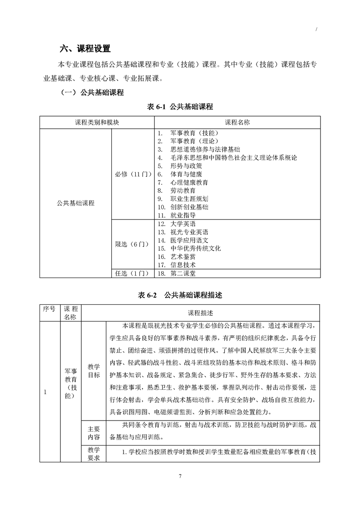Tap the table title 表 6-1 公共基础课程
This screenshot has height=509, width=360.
point(180,107)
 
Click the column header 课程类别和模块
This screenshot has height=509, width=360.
point(97,123)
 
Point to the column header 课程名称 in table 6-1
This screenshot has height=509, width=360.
point(237,123)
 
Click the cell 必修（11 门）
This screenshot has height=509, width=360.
point(132,174)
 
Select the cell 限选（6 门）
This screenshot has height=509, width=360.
point(132,244)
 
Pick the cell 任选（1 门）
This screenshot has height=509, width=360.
point(132,273)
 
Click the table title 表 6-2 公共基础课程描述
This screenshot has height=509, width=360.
point(180,295)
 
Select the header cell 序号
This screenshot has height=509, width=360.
point(49,309)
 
